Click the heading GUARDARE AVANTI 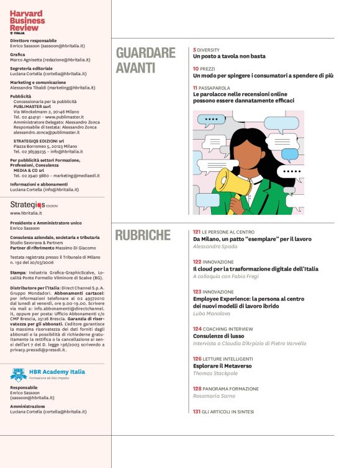pyautogui.click(x=146, y=61)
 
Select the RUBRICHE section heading pyautogui.click(x=143, y=236)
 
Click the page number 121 pyautogui.click(x=197, y=232)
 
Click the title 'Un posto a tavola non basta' pyautogui.click(x=229, y=56)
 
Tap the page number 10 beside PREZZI pyautogui.click(x=196, y=68)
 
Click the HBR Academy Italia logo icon pyautogui.click(x=18, y=374)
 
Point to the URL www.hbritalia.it pyautogui.click(x=27, y=214)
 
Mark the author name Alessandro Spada pyautogui.click(x=215, y=246)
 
